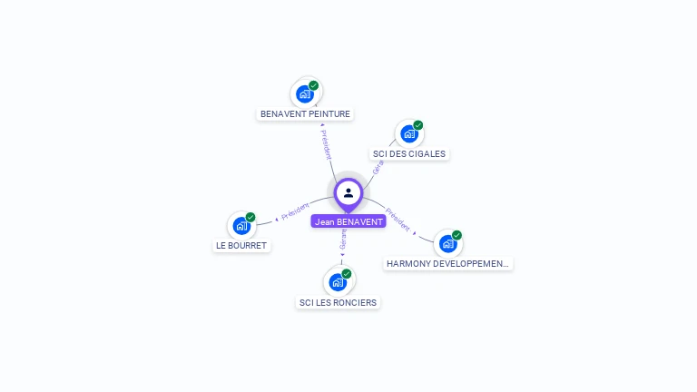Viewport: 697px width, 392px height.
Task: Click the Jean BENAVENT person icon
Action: tap(348, 192)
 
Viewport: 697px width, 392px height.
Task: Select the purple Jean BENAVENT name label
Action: tap(348, 221)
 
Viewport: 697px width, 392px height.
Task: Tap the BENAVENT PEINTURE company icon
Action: tap(306, 93)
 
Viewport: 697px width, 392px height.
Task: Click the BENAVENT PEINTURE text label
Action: tap(305, 114)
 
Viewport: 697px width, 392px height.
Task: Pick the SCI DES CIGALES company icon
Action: tap(409, 133)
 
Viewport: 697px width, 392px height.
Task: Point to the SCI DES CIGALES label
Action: tap(409, 154)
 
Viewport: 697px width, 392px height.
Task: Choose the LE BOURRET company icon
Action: tap(242, 225)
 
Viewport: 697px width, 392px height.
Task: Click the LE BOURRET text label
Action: tap(241, 246)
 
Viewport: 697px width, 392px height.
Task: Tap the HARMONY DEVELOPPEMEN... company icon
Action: tap(447, 243)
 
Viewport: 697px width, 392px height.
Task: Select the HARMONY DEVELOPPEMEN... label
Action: tap(448, 264)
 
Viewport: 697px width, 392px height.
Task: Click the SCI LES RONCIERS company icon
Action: tap(338, 281)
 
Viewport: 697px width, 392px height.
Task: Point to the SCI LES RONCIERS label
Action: tap(338, 302)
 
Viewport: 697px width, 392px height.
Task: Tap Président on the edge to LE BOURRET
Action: tap(296, 211)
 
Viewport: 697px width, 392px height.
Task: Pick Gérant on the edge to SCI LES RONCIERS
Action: tap(343, 240)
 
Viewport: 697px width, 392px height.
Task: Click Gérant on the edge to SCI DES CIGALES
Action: tap(378, 164)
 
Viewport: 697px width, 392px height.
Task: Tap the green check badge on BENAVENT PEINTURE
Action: tap(314, 85)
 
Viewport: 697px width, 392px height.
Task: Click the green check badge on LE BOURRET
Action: tap(250, 218)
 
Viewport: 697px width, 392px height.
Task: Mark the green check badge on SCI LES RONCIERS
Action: tap(346, 274)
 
